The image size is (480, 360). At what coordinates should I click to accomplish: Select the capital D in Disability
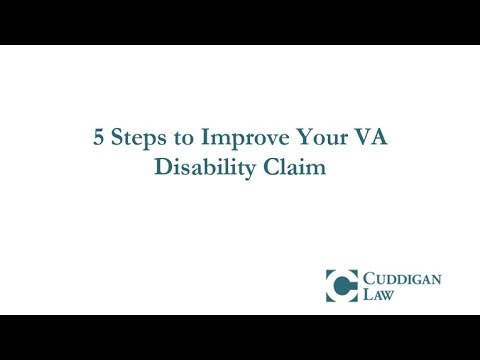pos(161,167)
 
